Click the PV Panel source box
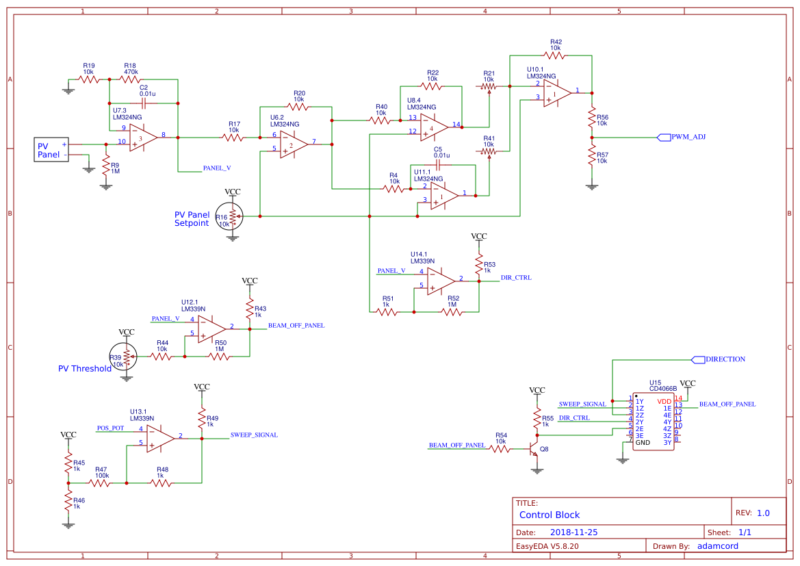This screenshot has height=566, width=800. (x=53, y=150)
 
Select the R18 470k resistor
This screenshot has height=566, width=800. (x=130, y=79)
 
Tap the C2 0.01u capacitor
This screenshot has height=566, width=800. (x=144, y=103)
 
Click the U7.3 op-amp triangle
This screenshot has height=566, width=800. (x=143, y=137)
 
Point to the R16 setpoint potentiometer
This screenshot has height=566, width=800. (x=233, y=216)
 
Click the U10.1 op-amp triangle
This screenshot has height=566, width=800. (x=557, y=93)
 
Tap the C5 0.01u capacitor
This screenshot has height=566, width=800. (x=438, y=164)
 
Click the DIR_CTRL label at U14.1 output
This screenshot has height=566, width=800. (x=516, y=278)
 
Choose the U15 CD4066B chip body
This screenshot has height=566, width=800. (x=653, y=421)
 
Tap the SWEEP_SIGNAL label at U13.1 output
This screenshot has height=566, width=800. (x=254, y=435)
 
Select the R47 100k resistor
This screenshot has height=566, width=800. (x=101, y=483)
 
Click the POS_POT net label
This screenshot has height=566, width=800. (x=111, y=428)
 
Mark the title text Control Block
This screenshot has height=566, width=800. (x=550, y=515)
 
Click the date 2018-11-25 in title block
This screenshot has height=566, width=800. (x=574, y=532)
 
